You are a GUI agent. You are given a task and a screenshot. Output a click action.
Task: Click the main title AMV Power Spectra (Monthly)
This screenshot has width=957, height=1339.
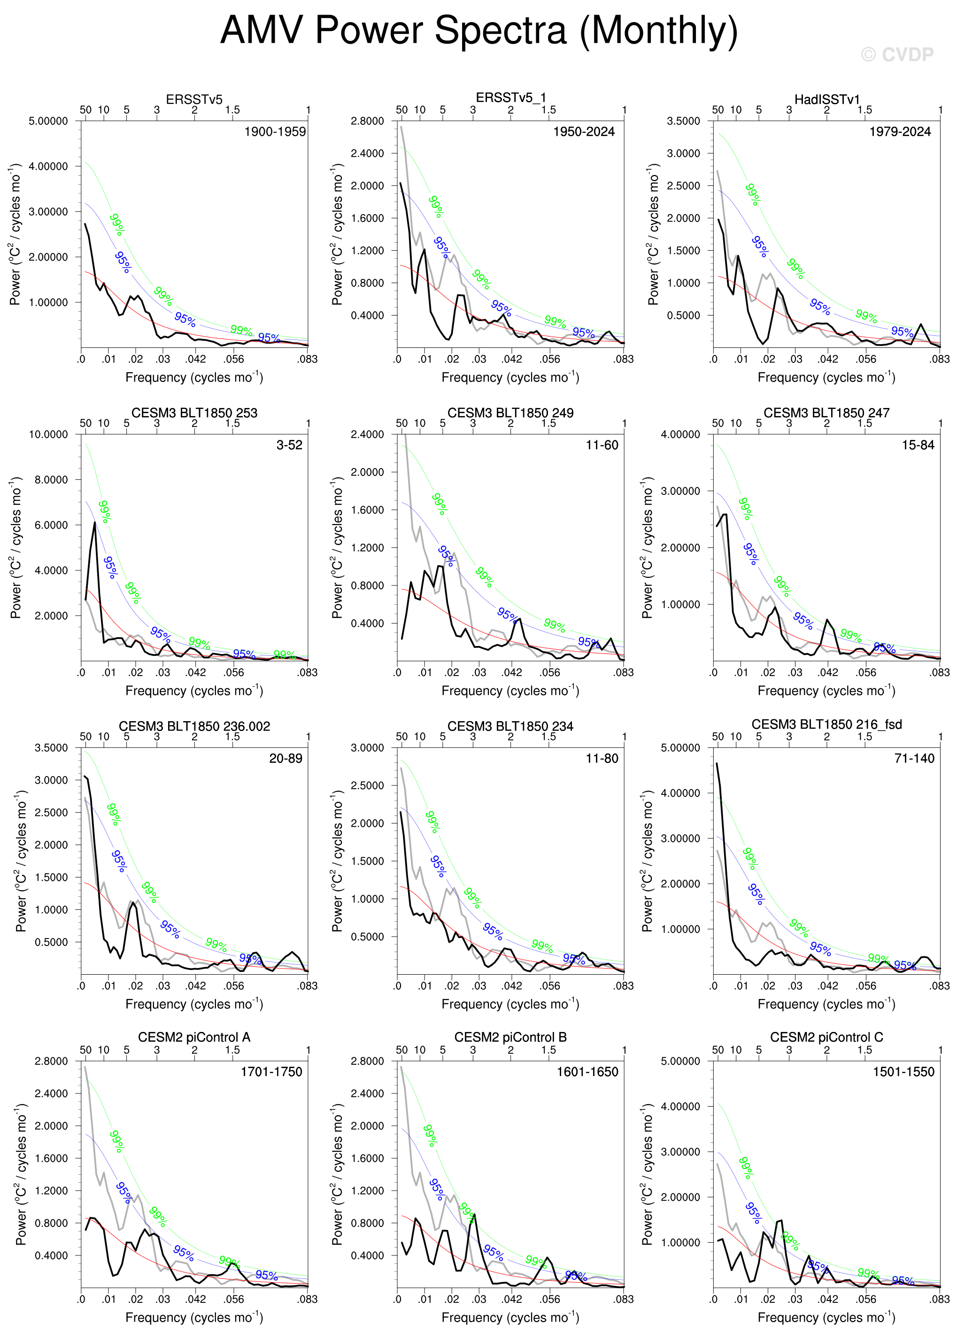click(x=478, y=31)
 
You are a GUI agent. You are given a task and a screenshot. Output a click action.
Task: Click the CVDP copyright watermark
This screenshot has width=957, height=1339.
click(x=897, y=55)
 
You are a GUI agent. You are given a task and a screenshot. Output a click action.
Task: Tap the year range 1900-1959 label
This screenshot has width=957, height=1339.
click(x=275, y=131)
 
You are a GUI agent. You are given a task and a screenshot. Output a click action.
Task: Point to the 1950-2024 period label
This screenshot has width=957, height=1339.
click(x=583, y=131)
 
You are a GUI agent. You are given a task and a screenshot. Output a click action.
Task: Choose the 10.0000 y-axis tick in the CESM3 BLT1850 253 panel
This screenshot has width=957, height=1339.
click(x=48, y=434)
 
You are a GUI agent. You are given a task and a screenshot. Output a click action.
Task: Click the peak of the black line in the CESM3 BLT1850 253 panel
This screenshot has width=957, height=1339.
click(x=94, y=523)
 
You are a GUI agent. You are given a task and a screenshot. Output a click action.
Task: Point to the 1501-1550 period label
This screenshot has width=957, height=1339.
click(x=903, y=1071)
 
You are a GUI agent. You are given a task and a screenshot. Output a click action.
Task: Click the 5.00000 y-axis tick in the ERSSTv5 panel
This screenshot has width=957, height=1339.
click(x=48, y=121)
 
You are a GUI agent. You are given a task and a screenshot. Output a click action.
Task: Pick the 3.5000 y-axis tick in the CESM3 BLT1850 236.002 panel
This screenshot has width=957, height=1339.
click(x=51, y=747)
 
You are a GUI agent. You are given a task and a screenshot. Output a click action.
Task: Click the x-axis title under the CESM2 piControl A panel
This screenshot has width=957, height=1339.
click(x=194, y=1317)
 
